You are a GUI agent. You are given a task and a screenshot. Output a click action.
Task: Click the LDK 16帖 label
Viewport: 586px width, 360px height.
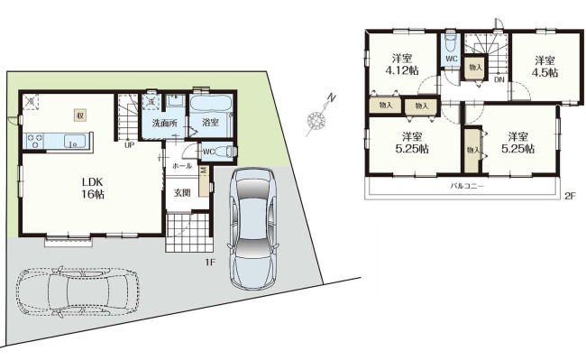(93, 188)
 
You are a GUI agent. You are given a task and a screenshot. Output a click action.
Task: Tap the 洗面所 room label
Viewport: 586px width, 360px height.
(164, 123)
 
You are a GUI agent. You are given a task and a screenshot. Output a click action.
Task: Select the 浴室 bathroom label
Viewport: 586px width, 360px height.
(210, 122)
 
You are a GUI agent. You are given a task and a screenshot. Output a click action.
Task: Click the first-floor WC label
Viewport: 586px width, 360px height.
(208, 152)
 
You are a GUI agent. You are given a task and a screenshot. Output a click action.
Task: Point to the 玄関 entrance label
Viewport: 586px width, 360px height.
(182, 193)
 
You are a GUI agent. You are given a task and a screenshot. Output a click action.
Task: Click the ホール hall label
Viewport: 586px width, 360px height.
(182, 166)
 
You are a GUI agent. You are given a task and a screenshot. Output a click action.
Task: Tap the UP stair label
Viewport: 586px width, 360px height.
(129, 145)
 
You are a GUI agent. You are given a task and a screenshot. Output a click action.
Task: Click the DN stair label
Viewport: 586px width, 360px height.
(499, 79)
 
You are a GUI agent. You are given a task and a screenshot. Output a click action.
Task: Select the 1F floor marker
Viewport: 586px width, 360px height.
(210, 262)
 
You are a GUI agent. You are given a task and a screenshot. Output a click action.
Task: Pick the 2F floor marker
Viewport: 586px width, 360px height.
(570, 196)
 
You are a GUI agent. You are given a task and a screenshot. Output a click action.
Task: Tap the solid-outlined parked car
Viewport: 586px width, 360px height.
(253, 228)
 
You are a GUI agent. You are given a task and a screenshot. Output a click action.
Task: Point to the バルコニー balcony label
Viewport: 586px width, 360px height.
(467, 186)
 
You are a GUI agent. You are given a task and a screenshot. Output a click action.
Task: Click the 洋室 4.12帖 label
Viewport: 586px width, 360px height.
(402, 64)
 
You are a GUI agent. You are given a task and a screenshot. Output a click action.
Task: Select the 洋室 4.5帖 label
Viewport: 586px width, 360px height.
(545, 66)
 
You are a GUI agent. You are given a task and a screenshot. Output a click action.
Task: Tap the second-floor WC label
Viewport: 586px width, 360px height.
(452, 59)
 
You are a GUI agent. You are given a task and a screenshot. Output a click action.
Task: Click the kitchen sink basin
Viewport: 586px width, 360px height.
(74, 142)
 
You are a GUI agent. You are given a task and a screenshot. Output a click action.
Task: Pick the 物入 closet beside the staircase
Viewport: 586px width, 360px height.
(476, 68)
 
